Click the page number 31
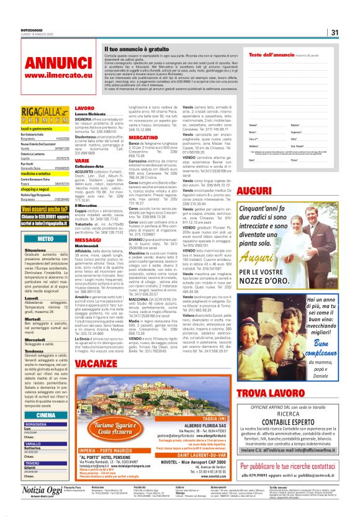click(334, 32)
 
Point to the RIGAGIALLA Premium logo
click(37, 116)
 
